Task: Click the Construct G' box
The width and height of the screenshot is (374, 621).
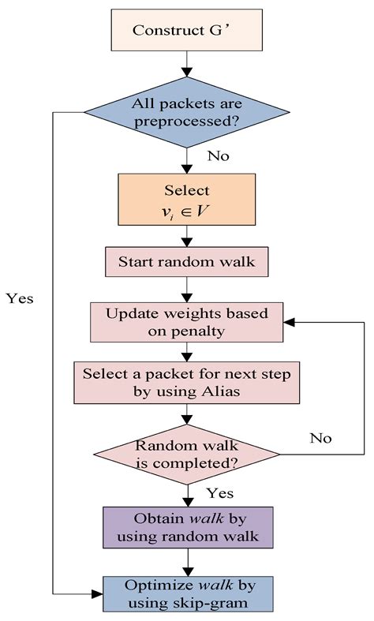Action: pos(189,31)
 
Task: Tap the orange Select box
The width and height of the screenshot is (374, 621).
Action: pos(188,199)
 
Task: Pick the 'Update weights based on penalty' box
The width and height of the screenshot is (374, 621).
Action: pos(188,321)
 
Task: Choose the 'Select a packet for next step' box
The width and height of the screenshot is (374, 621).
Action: pos(188,382)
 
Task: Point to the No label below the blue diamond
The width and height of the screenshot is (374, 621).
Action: pos(219,156)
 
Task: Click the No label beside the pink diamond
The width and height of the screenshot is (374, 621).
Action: pos(321,437)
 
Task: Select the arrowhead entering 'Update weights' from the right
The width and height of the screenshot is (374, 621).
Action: pos(290,322)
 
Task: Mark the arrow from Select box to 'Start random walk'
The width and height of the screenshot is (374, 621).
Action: pos(188,236)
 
